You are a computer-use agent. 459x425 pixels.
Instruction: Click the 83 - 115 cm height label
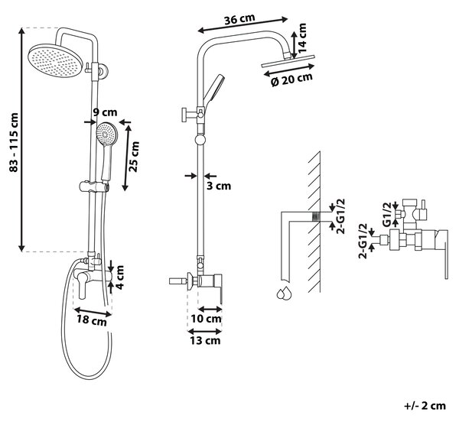tap(14, 142)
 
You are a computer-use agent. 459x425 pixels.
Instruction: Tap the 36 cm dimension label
tap(239, 19)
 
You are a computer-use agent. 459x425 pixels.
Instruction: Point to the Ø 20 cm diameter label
tap(292, 79)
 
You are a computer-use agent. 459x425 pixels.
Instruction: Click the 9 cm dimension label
tap(105, 112)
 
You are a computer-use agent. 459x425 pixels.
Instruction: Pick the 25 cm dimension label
tap(135, 157)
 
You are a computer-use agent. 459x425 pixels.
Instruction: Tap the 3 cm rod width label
tap(219, 186)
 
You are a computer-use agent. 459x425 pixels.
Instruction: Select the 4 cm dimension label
tap(119, 277)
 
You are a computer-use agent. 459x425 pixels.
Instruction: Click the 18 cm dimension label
tap(92, 320)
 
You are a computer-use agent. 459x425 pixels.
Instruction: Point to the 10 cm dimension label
tap(206, 319)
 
